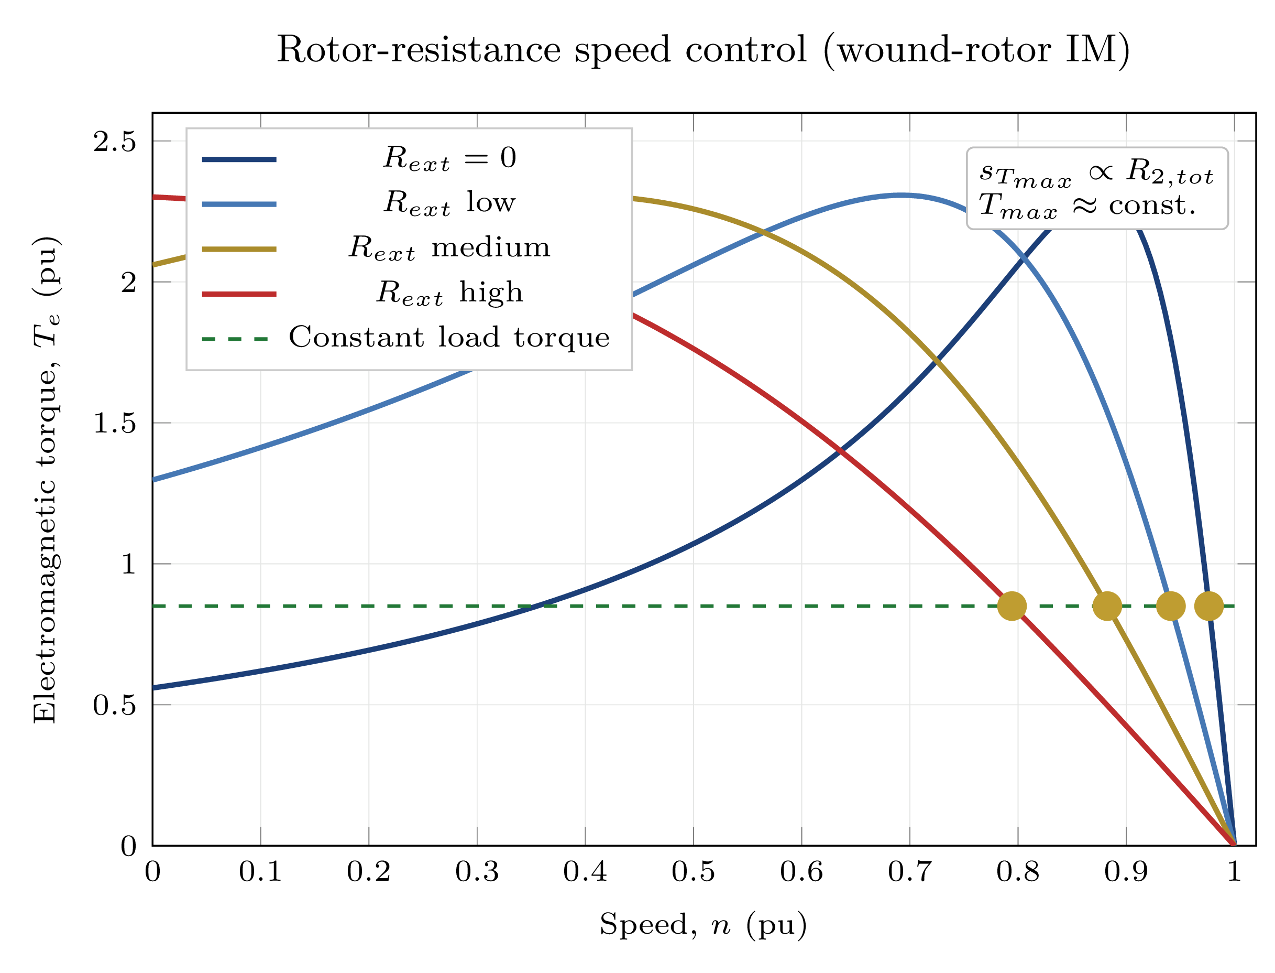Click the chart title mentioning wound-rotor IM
coord(702,50)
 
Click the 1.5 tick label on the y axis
coord(115,424)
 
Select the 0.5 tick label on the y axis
coord(115,706)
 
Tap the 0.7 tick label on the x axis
coord(909,872)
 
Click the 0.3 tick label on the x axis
coord(476,872)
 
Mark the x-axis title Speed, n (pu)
coord(702,925)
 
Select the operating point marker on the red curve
coord(1012,607)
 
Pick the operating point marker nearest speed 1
coord(1208,607)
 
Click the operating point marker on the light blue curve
coord(1170,607)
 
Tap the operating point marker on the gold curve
coord(1106,607)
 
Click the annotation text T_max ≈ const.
coord(1087,205)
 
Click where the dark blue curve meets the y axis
coord(153,688)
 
